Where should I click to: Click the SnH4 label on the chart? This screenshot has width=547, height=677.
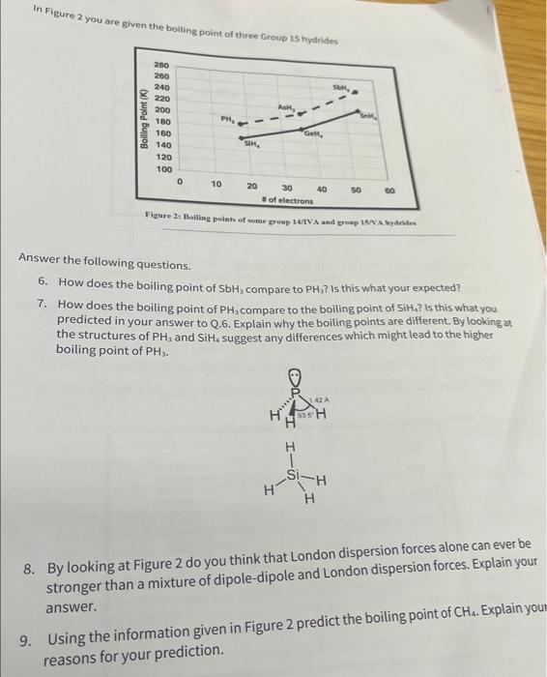point(370,116)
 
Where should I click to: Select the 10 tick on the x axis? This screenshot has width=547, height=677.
point(216,184)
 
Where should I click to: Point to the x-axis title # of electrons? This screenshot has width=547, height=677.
point(287,199)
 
